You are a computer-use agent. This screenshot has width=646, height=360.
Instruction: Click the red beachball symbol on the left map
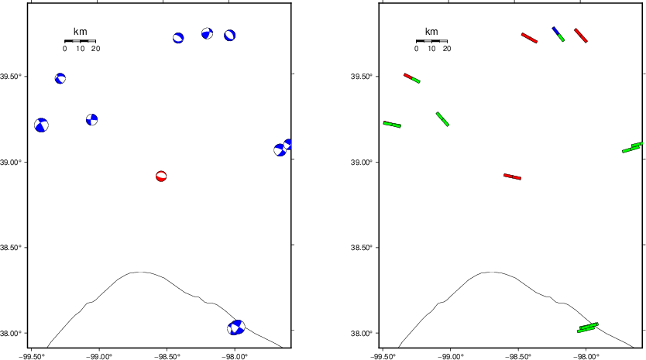coord(161,177)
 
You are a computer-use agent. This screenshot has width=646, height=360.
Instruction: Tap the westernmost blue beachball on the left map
coord(41,125)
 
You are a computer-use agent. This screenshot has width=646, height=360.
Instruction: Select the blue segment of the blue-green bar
coord(555,31)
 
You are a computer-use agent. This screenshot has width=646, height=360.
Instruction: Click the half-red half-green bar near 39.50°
coord(412,77)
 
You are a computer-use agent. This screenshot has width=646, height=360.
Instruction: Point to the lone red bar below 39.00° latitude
coord(512,177)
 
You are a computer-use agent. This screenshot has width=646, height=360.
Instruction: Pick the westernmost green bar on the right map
coord(392,124)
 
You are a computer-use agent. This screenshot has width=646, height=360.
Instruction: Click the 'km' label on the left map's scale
coord(80,32)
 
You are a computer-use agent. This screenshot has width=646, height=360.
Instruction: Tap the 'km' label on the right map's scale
coord(431,32)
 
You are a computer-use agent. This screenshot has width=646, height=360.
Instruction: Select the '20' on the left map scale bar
coord(95,49)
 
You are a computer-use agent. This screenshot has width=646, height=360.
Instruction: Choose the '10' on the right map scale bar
coord(431,49)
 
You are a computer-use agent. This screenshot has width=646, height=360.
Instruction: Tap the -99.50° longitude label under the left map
coord(33,355)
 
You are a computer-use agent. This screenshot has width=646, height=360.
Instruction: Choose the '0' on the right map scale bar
coord(416,49)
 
